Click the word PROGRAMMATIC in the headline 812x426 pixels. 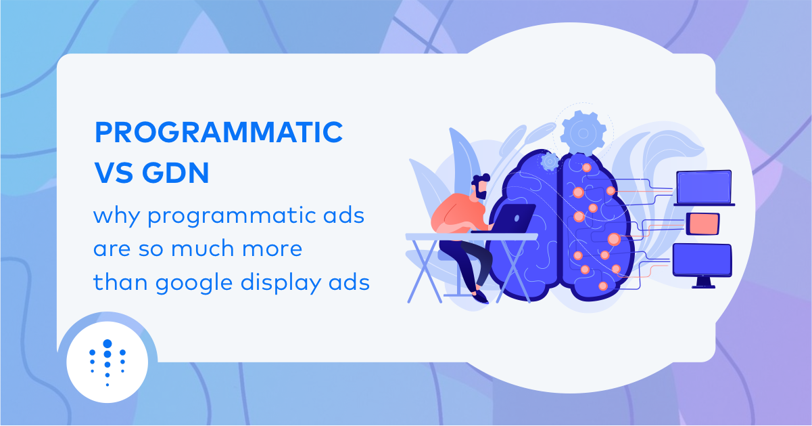pos(218,132)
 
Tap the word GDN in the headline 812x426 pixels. pos(176,173)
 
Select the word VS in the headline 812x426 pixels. pos(113,173)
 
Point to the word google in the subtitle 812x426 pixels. pos(193,283)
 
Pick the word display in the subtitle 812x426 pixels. pos(281,283)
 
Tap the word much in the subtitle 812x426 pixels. pos(202,249)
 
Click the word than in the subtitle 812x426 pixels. pos(120,282)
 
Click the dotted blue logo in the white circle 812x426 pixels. pos(108,362)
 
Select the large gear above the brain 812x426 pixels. pos(583,133)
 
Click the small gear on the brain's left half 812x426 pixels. pos(550,162)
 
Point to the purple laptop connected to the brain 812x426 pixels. pos(704,188)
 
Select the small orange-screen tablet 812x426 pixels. pos(703,223)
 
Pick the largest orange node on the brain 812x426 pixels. pos(614,239)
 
